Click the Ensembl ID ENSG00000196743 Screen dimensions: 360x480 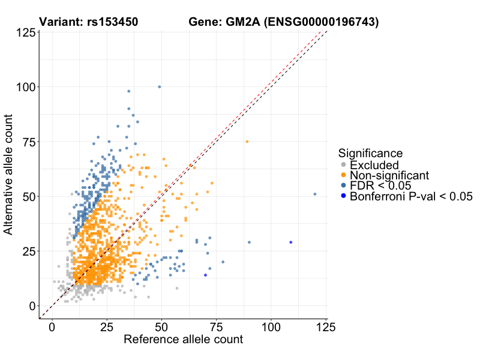tap(322, 23)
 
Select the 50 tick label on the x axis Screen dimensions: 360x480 tap(161, 328)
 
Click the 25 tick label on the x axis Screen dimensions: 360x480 tap(107, 328)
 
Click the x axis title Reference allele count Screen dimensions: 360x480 tap(183, 340)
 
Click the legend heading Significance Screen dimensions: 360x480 tap(370, 153)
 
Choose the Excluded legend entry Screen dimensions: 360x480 tap(374, 165)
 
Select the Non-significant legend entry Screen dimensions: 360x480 tap(389, 175)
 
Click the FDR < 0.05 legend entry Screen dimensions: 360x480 tap(381, 185)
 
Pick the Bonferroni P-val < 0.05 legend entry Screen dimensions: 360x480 tap(411, 196)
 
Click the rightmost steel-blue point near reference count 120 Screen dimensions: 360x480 tap(315, 194)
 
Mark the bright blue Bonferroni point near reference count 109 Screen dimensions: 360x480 tap(291, 242)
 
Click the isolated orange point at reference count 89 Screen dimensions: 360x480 tap(247, 142)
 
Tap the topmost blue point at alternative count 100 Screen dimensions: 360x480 tap(159, 87)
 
